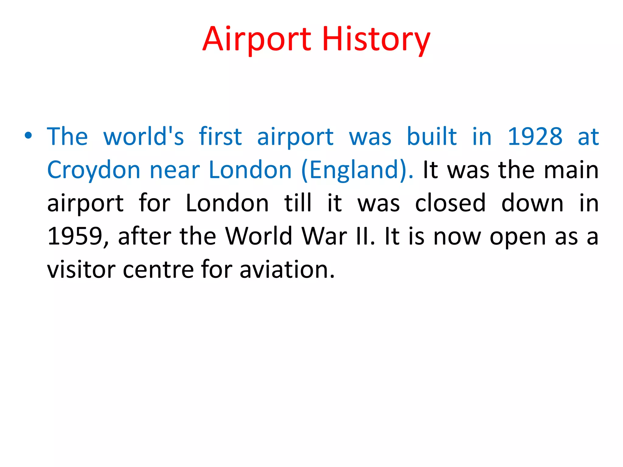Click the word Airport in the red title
(257, 40)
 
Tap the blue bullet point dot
(28, 136)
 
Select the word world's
(144, 137)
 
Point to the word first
(220, 137)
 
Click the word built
(432, 137)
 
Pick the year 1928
(535, 137)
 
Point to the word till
(298, 203)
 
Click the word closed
(450, 203)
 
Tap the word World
(259, 236)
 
